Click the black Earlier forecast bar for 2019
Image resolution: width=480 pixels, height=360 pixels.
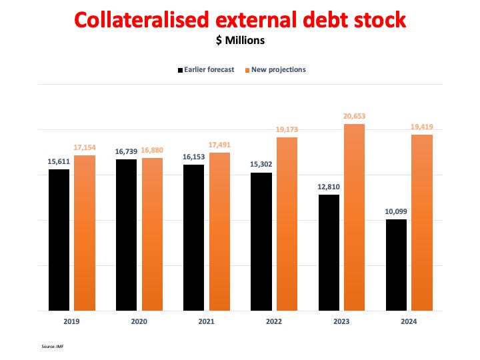pyautogui.click(x=59, y=240)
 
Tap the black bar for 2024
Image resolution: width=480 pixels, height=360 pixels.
pyautogui.click(x=397, y=265)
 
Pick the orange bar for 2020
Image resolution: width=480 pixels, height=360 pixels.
pyautogui.click(x=152, y=234)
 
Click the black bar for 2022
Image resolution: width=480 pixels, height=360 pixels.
pyautogui.click(x=261, y=241)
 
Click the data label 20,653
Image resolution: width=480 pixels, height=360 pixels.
pyautogui.click(x=354, y=116)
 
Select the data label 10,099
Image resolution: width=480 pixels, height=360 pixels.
pyautogui.click(x=396, y=211)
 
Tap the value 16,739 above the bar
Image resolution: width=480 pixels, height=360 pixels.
pyautogui.click(x=127, y=151)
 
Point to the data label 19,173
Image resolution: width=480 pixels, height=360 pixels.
pyautogui.click(x=287, y=129)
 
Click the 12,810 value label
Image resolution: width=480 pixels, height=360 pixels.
pyautogui.click(x=329, y=187)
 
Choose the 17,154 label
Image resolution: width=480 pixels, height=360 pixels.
pyautogui.click(x=85, y=147)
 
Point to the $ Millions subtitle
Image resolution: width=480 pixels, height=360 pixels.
pyautogui.click(x=239, y=41)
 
